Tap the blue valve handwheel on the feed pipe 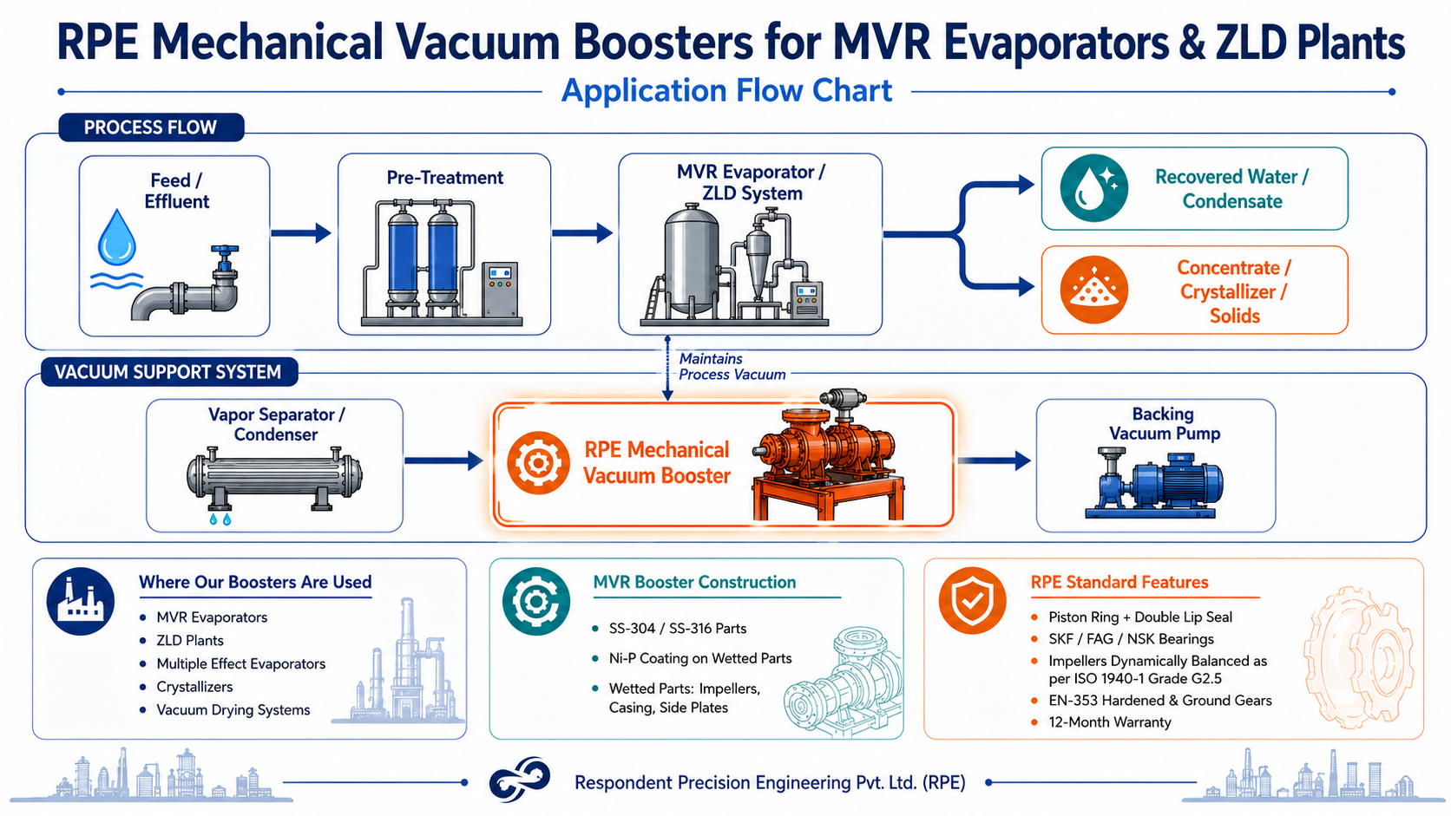pyautogui.click(x=225, y=250)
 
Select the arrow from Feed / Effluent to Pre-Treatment pyautogui.click(x=301, y=233)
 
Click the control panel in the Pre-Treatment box pyautogui.click(x=500, y=290)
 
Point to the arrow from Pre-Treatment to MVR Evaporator pyautogui.click(x=582, y=233)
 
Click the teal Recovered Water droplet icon pyautogui.click(x=1094, y=188)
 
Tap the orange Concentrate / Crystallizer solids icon pyautogui.click(x=1094, y=290)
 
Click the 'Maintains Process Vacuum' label pyautogui.click(x=732, y=366)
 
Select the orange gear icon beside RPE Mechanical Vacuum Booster pyautogui.click(x=538, y=463)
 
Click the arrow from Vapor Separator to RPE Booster pyautogui.click(x=443, y=460)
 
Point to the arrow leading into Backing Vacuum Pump pyautogui.click(x=995, y=460)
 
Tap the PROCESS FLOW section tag pyautogui.click(x=151, y=127)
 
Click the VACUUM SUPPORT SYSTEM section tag pyautogui.click(x=168, y=372)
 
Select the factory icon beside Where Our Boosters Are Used pyautogui.click(x=81, y=601)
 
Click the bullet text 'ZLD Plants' pyautogui.click(x=190, y=641)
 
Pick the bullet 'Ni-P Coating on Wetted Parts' pyautogui.click(x=700, y=659)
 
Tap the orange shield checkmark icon pyautogui.click(x=972, y=600)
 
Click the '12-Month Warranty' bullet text pyautogui.click(x=1110, y=722)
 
